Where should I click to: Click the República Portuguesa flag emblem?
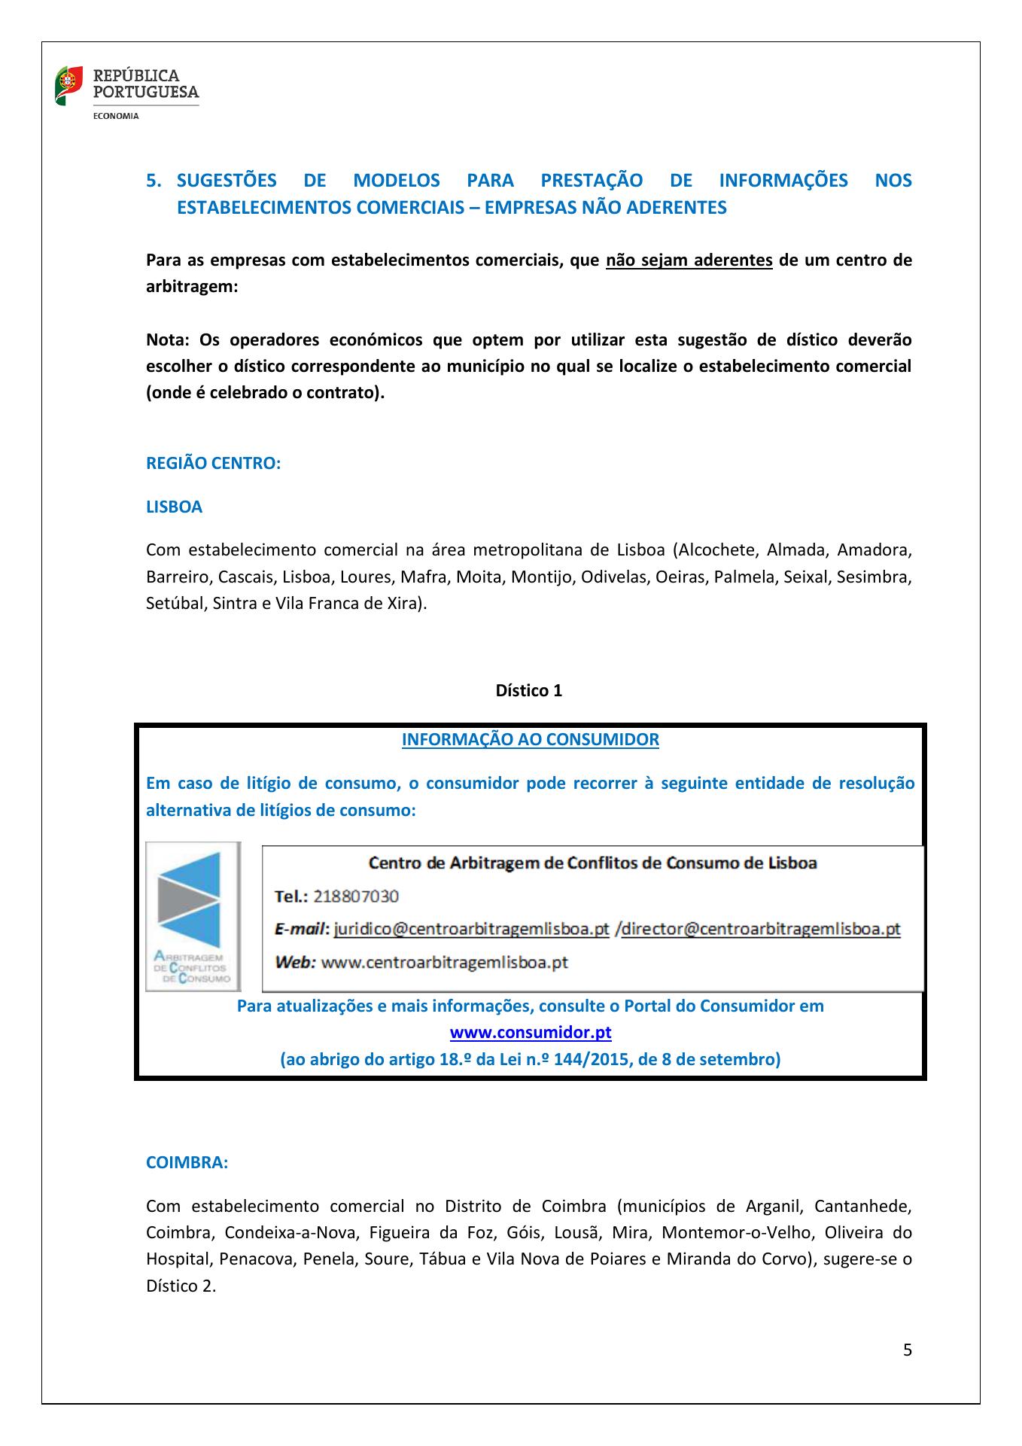point(68,86)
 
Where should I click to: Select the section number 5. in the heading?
point(154,181)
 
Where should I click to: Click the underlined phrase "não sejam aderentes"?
point(689,260)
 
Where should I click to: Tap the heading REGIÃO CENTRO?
point(213,464)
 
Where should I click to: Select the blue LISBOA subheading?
point(174,507)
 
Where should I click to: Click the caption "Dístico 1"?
point(528,691)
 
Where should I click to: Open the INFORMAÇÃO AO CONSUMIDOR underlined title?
point(530,740)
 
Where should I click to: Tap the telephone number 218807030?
point(356,897)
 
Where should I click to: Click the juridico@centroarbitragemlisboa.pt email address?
point(471,930)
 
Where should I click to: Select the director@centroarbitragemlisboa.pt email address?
point(761,930)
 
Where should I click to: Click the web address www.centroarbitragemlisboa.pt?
point(444,963)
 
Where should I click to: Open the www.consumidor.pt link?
point(530,1032)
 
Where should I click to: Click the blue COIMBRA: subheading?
point(187,1163)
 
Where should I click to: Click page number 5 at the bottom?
point(907,1350)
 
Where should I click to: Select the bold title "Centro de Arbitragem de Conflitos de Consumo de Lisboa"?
point(592,863)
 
